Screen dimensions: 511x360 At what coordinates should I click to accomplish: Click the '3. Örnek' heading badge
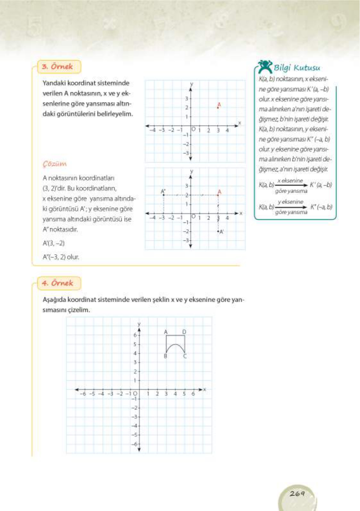(x=58, y=67)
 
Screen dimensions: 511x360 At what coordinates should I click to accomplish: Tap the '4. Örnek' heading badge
(x=58, y=283)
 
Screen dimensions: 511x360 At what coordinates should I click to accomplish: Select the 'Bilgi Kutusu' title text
(x=297, y=68)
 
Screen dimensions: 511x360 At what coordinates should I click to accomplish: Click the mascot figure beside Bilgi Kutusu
(x=265, y=66)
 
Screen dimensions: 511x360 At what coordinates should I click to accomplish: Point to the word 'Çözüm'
(x=54, y=164)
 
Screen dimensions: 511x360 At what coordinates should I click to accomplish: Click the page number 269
(x=297, y=493)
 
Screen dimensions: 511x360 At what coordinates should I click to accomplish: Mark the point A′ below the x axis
(x=218, y=231)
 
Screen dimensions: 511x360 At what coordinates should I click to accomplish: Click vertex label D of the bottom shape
(x=184, y=332)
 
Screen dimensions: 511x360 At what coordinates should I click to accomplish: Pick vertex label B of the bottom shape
(x=165, y=356)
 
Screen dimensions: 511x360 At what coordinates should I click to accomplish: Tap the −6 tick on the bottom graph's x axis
(x=83, y=394)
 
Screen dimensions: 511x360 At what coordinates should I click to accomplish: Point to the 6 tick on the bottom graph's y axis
(x=135, y=335)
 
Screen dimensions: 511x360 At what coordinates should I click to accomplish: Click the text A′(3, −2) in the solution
(x=54, y=243)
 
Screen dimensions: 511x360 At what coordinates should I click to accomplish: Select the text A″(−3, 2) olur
(x=61, y=257)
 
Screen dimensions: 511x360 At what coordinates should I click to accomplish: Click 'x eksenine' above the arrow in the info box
(x=290, y=180)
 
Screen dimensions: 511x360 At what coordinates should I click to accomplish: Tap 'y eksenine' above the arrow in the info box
(x=290, y=202)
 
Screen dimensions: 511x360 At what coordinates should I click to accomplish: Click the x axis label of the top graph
(x=239, y=123)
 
